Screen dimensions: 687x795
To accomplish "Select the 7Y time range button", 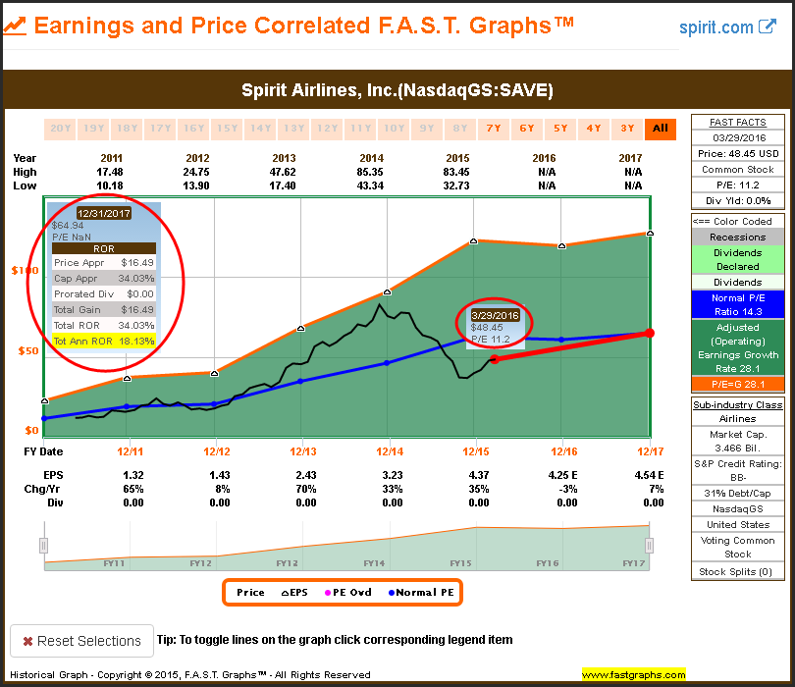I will [x=492, y=128].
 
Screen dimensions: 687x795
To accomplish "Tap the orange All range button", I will [x=660, y=128].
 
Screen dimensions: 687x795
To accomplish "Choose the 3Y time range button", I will [x=626, y=128].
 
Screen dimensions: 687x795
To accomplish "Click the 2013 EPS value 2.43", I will [x=305, y=476].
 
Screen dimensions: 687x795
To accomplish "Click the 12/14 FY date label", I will [x=390, y=451].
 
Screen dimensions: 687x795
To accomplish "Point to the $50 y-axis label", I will [x=28, y=350].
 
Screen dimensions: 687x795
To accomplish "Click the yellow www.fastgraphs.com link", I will [x=634, y=675].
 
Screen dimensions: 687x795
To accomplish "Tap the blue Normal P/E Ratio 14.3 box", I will [x=737, y=303].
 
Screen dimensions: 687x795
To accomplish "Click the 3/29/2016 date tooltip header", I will [x=495, y=315].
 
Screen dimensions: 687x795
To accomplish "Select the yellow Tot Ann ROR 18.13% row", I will [x=103, y=341].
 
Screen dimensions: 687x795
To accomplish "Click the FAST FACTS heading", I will [x=737, y=122].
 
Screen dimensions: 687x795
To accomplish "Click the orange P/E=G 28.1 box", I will [x=737, y=384].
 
